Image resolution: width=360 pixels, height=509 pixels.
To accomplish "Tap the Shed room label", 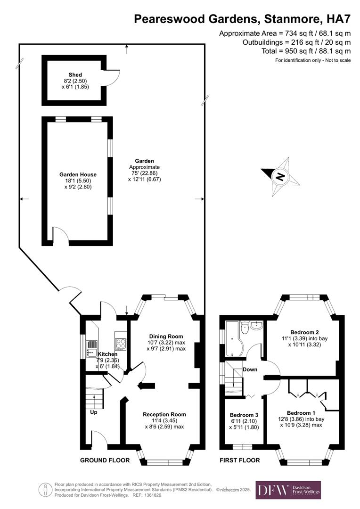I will point(75,75).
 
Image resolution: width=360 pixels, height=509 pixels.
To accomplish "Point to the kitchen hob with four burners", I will point(121,343).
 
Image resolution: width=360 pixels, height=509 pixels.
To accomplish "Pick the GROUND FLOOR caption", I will point(105,460).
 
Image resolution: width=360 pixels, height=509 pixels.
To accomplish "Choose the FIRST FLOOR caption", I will point(240,460).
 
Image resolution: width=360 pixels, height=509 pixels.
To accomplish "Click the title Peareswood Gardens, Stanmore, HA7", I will point(242,19).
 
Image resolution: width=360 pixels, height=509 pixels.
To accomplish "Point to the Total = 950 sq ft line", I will point(306,51).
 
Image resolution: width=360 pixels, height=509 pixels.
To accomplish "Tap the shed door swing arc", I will point(110,78).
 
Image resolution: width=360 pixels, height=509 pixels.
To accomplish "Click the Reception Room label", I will point(164,414).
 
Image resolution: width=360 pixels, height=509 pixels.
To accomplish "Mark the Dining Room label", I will point(164,330).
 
